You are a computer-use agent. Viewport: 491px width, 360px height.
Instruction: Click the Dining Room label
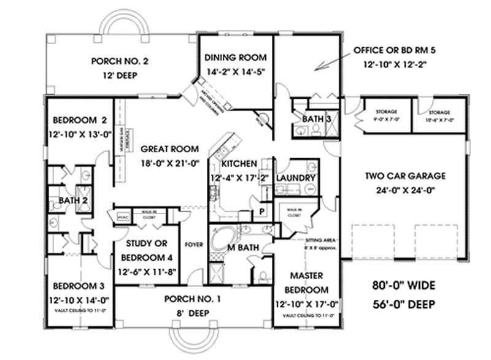(236, 58)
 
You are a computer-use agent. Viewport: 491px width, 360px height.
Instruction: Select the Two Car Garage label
(406, 176)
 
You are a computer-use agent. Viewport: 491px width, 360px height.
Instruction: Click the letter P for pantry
(261, 210)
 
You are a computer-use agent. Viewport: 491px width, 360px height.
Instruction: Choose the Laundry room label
(296, 178)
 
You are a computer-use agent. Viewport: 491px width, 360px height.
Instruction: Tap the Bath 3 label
(317, 118)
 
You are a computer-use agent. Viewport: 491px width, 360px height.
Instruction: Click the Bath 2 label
(71, 201)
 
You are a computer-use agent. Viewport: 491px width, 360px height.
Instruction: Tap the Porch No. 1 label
(192, 300)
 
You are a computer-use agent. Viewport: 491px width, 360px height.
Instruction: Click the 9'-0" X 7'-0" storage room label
(386, 115)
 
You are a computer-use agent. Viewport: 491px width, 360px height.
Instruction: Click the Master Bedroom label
(304, 283)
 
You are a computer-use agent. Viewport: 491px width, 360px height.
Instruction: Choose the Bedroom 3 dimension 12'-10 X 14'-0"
(80, 300)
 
